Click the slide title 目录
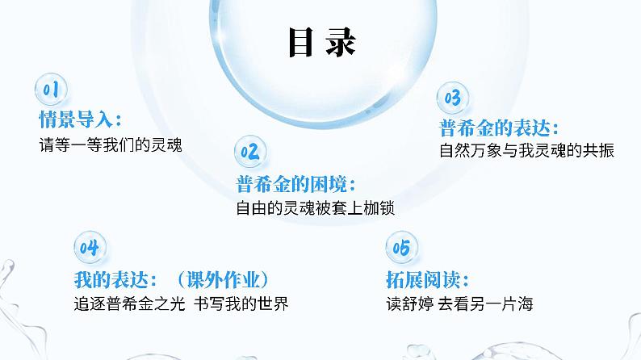[x=321, y=44]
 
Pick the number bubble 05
[x=400, y=246]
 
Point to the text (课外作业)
[x=221, y=278]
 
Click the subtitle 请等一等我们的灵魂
[x=106, y=146]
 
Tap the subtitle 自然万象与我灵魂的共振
[x=526, y=151]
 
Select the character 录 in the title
[x=341, y=44]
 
